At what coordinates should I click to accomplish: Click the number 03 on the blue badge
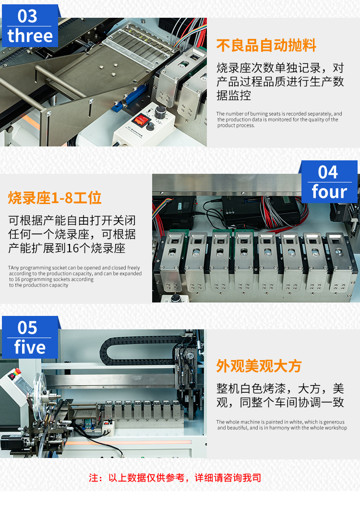coord(27,16)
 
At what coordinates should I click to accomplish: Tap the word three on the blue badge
coord(30,36)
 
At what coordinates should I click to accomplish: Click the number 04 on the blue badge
coord(328,172)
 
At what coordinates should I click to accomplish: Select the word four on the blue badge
coord(329,192)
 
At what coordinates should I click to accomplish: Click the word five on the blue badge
coord(30,347)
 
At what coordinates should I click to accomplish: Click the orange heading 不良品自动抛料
coord(266,45)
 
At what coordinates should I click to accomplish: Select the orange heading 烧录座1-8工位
coord(55,198)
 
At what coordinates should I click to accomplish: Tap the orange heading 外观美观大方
coord(259,366)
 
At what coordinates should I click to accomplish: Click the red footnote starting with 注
coord(175,478)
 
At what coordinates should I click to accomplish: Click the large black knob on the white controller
coord(160,112)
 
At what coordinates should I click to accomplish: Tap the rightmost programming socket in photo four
coord(339,262)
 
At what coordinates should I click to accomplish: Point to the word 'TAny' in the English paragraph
coord(13,268)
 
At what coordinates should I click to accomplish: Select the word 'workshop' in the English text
coord(337,428)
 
